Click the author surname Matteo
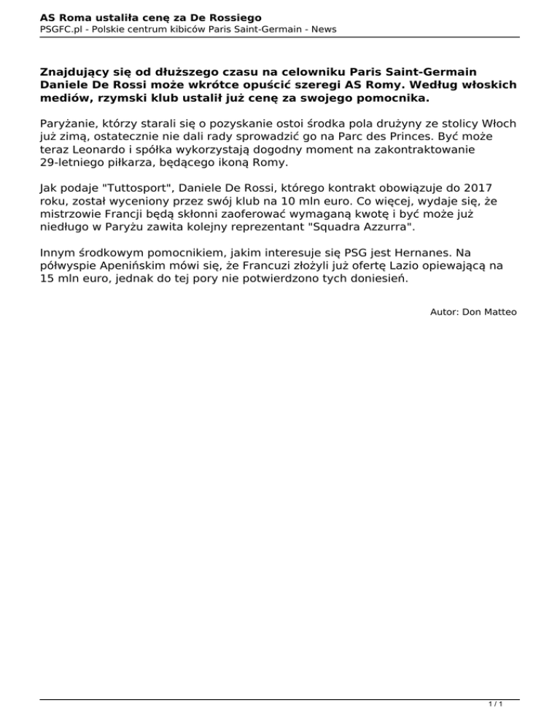(x=500, y=312)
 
